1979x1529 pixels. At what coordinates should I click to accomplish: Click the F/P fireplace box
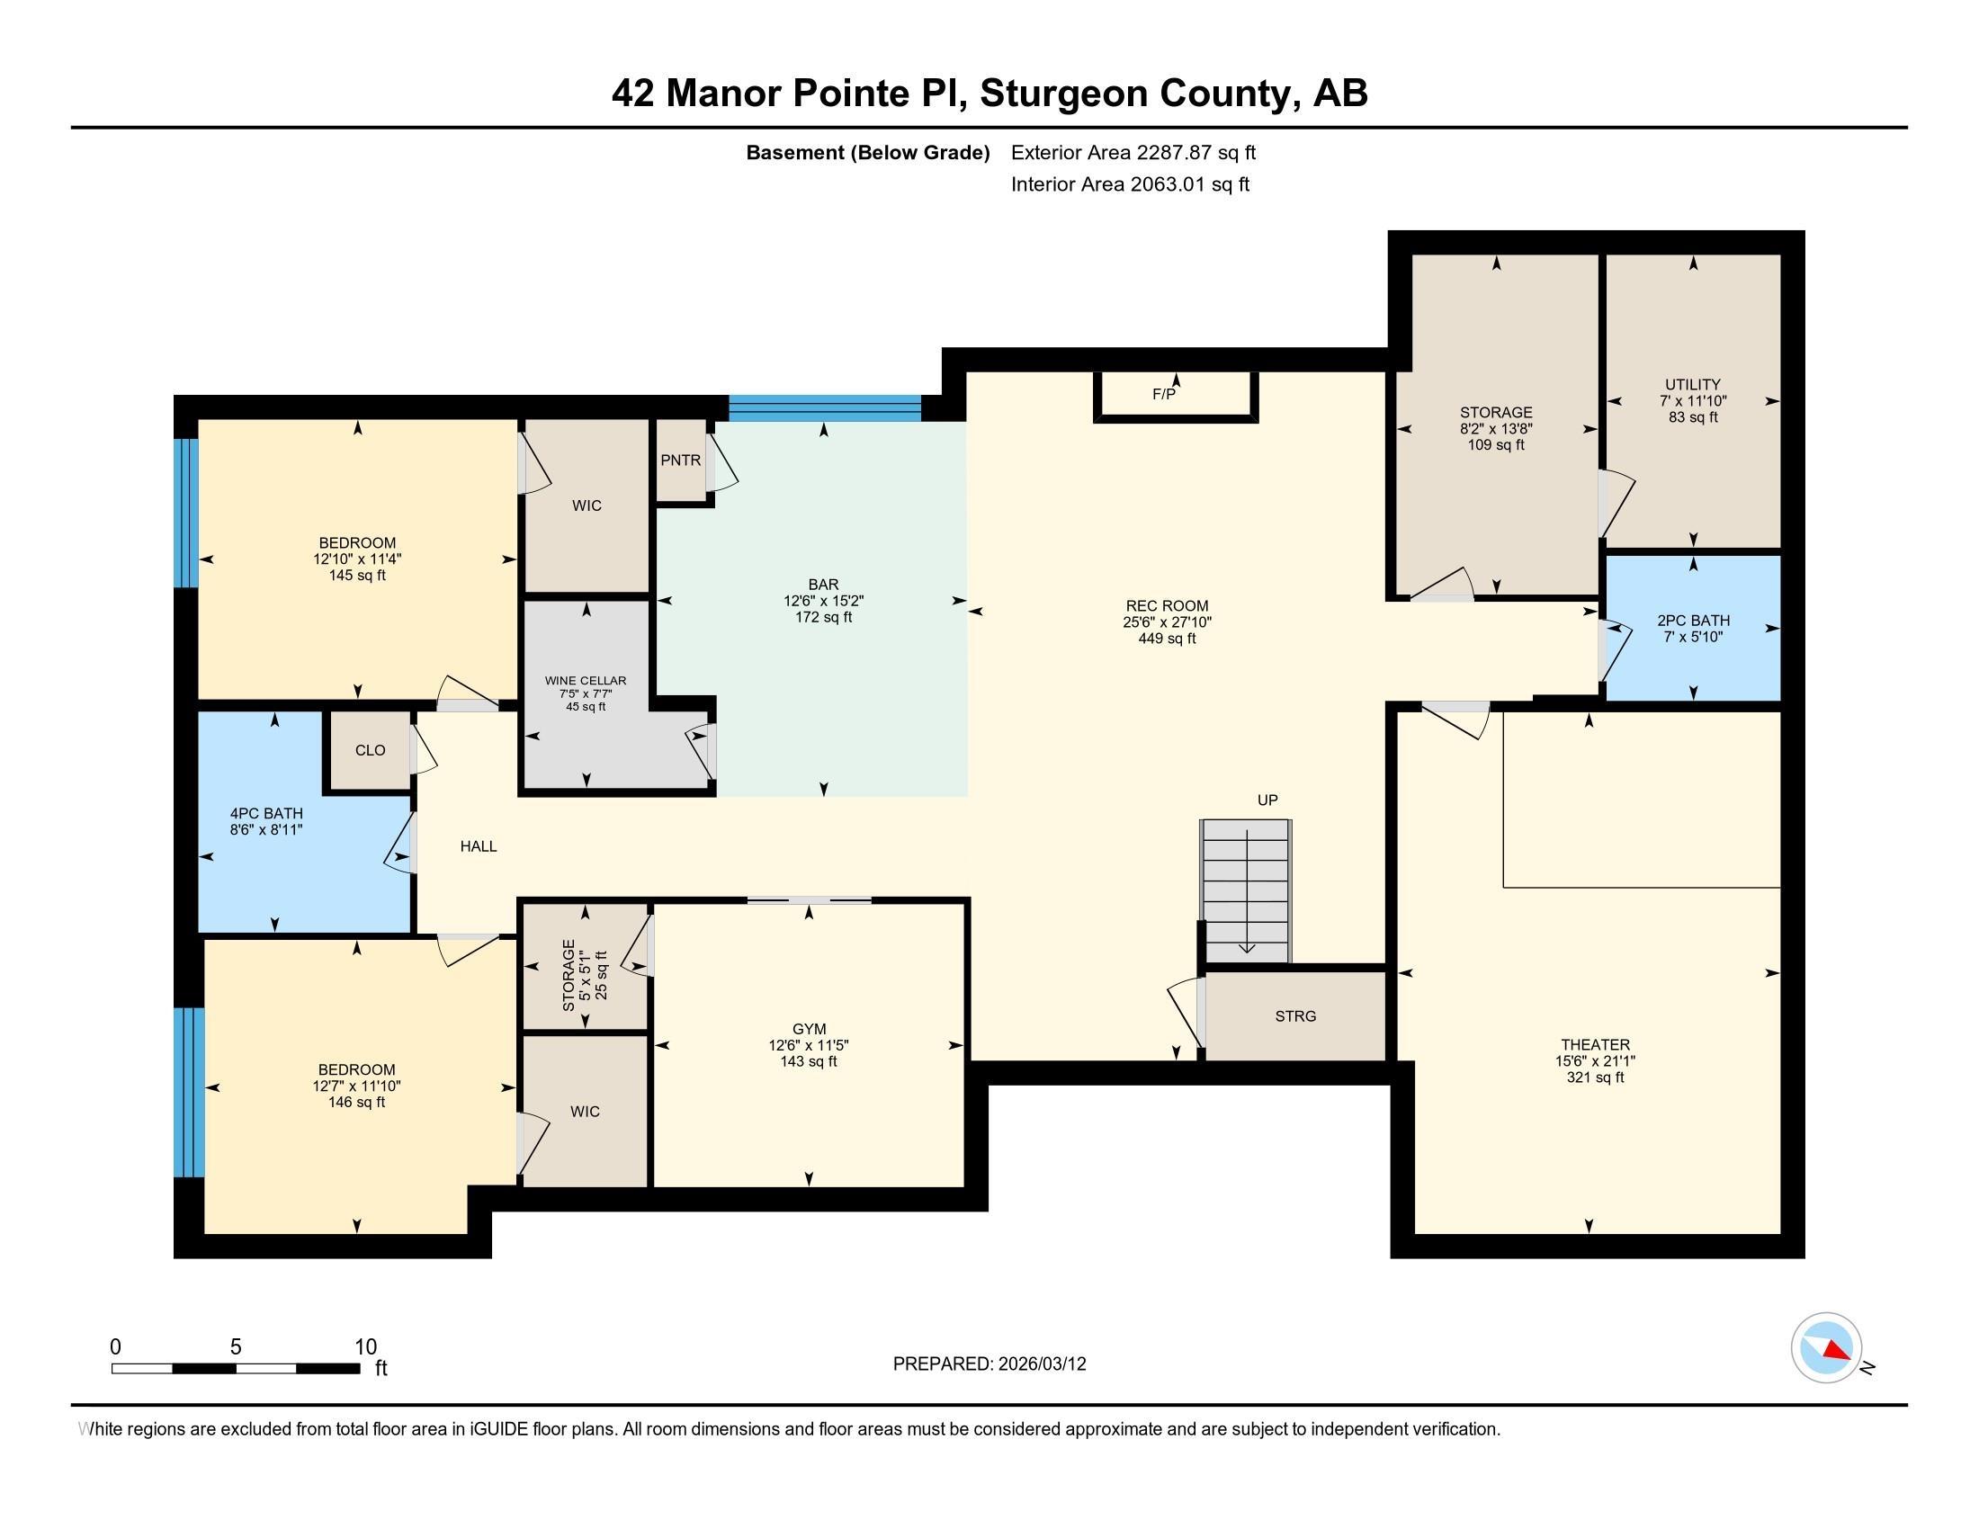pos(1176,396)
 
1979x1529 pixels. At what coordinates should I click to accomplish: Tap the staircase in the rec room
pos(1246,891)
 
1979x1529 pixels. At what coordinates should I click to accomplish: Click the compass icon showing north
pos(1827,1348)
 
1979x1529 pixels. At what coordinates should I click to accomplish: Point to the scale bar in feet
pos(236,1368)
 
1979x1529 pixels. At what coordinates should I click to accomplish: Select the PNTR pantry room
pos(681,460)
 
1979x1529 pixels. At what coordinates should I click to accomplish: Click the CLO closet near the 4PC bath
pos(370,750)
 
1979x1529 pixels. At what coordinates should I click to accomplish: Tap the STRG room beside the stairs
pos(1294,1016)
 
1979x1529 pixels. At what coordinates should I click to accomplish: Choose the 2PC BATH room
pos(1693,628)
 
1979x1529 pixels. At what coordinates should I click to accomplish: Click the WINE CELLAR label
pos(586,680)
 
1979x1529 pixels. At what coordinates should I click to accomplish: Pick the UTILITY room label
pos(1693,384)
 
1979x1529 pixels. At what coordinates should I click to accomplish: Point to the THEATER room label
pos(1596,1044)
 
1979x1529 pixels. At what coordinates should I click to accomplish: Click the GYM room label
pos(810,1029)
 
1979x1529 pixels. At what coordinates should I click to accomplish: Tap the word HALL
pos(479,846)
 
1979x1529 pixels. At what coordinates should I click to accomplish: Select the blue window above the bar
pos(825,408)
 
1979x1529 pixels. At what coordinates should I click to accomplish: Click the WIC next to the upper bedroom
pos(587,505)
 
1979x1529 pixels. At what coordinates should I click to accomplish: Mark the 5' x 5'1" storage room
pos(586,967)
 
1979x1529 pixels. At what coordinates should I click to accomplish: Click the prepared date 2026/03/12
pos(1041,1364)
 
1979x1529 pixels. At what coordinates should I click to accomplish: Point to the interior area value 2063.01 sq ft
pos(1190,184)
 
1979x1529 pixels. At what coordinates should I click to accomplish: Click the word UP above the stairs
pos(1267,800)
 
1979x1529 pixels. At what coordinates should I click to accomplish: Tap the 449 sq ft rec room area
pos(1167,639)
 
